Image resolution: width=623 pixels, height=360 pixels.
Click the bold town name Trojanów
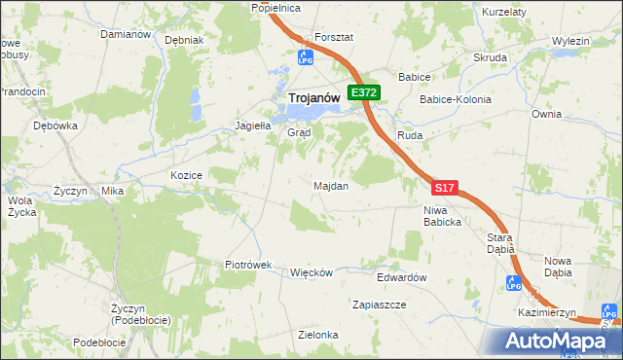312,97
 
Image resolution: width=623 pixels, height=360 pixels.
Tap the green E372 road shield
364,92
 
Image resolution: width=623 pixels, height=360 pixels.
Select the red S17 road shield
444,187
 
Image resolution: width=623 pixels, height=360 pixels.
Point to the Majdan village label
331,185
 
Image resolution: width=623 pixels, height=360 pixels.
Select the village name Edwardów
403,277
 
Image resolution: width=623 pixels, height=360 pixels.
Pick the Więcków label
311,272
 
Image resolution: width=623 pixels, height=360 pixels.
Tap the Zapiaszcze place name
380,305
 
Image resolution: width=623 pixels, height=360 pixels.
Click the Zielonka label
318,335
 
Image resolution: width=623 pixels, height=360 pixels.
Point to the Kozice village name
186,175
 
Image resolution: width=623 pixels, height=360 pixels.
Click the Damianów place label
126,34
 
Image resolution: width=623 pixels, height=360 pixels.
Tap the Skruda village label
491,57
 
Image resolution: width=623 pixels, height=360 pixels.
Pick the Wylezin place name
571,42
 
